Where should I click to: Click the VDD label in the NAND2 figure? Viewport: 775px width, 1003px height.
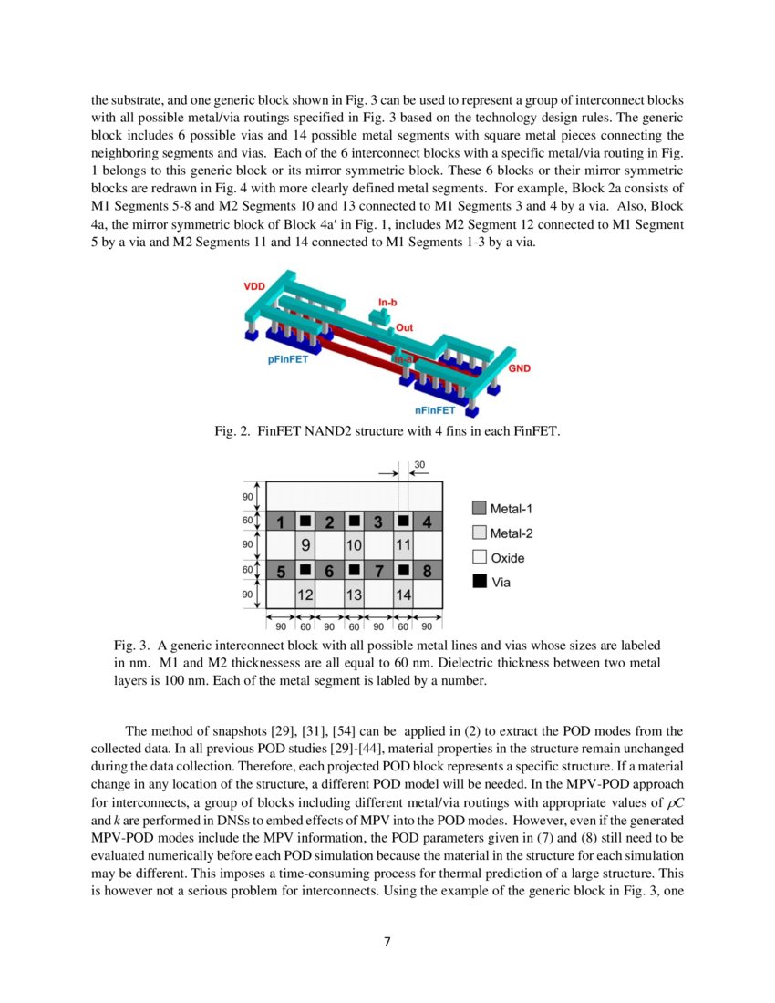(x=255, y=286)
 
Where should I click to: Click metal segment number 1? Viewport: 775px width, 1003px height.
(x=280, y=522)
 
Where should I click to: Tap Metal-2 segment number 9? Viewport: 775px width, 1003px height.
(x=305, y=545)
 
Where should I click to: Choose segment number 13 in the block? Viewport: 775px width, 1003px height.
(x=354, y=595)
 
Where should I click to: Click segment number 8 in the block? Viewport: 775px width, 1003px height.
(x=427, y=572)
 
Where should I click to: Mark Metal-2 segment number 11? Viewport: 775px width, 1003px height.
(x=402, y=545)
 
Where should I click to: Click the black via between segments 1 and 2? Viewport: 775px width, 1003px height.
(x=305, y=522)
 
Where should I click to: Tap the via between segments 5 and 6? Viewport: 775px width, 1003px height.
(x=305, y=571)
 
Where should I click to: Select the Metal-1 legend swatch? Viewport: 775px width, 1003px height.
(x=479, y=509)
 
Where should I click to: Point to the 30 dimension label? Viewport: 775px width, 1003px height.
(x=419, y=464)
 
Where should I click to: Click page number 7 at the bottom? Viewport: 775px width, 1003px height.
(x=387, y=942)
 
